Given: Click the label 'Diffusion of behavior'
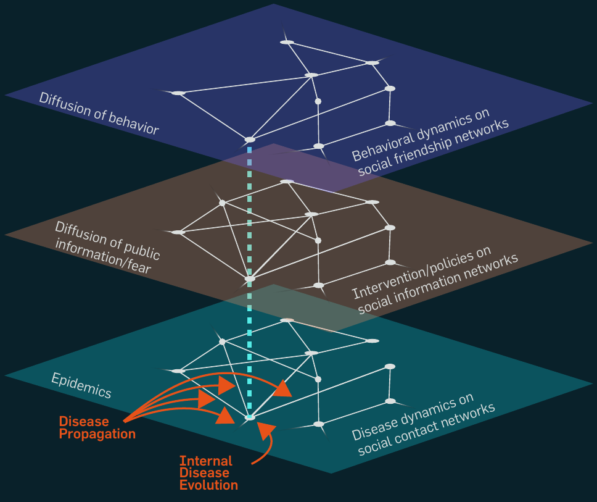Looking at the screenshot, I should tap(99, 113).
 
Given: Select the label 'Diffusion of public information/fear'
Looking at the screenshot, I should tap(106, 247).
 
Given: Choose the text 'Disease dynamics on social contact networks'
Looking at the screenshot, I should tap(424, 425).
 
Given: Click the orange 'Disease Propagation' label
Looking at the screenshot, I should tap(97, 428).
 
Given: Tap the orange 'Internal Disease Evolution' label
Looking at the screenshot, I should tap(208, 473).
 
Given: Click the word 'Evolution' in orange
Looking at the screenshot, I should tap(208, 485).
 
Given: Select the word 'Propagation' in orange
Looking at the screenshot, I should tap(97, 434).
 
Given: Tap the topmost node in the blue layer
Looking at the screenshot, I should tap(286, 42).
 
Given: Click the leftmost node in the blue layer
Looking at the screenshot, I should tap(178, 93).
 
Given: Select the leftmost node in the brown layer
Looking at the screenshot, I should tap(178, 232).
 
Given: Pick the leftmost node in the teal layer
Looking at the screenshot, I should tap(178, 371).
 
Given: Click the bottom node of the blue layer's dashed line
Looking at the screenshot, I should tap(250, 140).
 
